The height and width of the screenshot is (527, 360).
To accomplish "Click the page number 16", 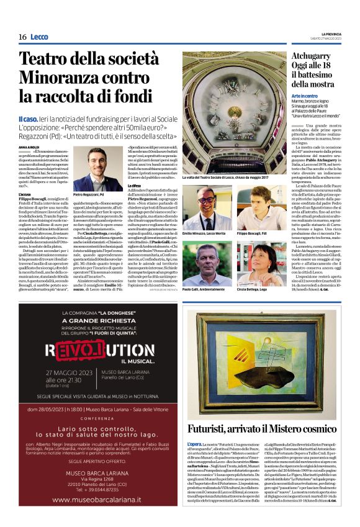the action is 22,37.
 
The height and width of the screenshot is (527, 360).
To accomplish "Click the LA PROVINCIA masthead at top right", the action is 338,34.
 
